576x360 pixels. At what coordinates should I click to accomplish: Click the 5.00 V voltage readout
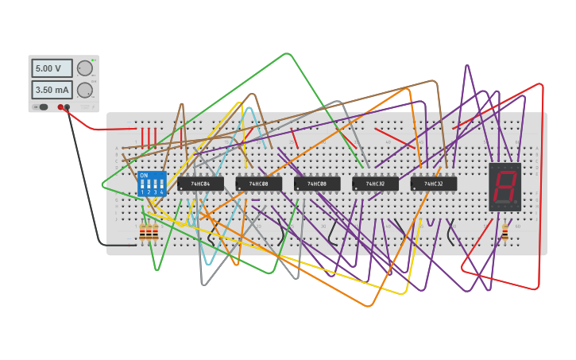coord(52,68)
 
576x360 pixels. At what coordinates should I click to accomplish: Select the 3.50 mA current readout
coord(52,90)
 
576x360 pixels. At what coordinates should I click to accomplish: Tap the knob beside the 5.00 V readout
coord(84,68)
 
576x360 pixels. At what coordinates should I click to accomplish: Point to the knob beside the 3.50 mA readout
coord(84,90)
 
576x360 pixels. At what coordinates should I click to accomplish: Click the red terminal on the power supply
coord(60,106)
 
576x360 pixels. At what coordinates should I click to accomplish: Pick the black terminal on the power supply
coord(68,106)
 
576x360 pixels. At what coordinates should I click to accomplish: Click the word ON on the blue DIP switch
coord(144,176)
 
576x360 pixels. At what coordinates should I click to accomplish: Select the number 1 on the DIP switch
coord(143,192)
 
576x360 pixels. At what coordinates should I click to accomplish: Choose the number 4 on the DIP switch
coord(161,192)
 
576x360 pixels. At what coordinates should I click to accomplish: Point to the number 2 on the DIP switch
coord(149,192)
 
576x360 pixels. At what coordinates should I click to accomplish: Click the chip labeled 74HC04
coord(200,184)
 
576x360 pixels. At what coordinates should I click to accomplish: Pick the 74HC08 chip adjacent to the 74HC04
coord(259,184)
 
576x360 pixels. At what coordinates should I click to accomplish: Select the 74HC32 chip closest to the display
coord(434,184)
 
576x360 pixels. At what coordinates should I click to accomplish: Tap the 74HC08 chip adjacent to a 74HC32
coord(317,184)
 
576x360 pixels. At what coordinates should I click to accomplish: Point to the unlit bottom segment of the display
coord(502,202)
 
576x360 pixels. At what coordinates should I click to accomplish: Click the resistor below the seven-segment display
coord(504,232)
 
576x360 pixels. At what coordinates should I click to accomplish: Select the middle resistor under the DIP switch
coord(149,232)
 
